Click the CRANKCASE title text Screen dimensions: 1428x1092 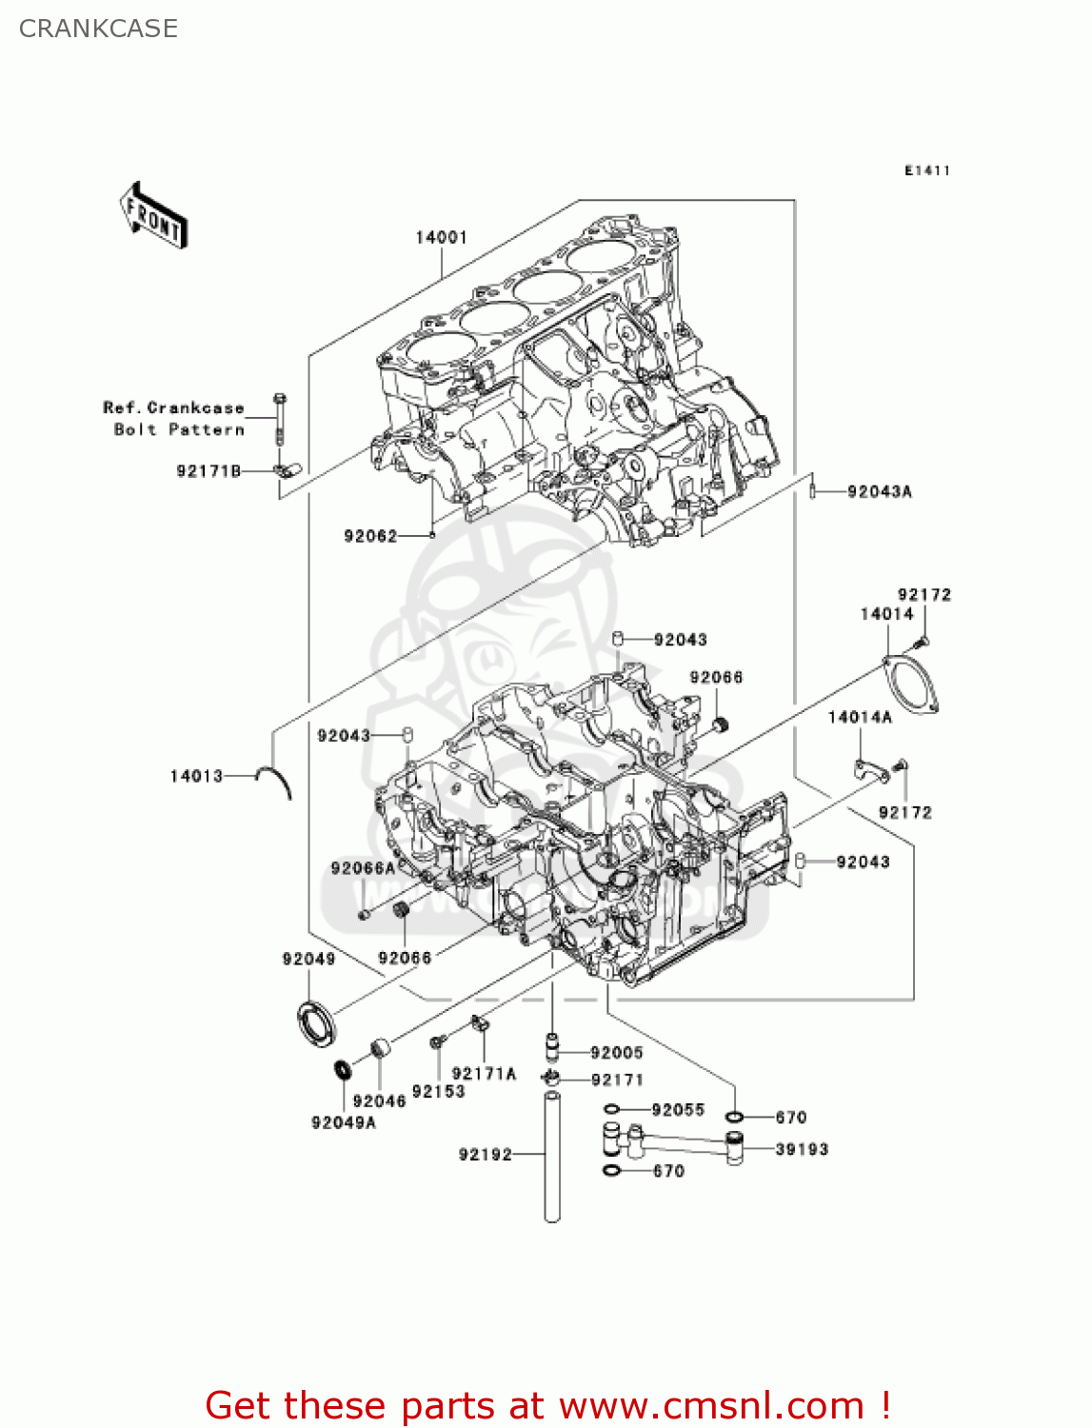[x=98, y=29]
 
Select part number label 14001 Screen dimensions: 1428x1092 [x=441, y=237]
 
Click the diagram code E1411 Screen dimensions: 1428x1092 [x=926, y=170]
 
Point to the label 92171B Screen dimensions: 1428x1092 [x=208, y=471]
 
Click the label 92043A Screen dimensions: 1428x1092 [x=879, y=492]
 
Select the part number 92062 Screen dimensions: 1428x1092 [x=370, y=536]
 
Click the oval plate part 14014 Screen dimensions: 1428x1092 [x=911, y=682]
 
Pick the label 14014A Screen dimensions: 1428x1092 [x=860, y=717]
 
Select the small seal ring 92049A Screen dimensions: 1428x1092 [x=341, y=1070]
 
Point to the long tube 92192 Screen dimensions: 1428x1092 [x=551, y=1157]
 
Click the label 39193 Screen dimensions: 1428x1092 [x=802, y=1149]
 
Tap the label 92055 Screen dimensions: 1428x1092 [x=678, y=1110]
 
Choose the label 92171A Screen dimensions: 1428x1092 [x=484, y=1074]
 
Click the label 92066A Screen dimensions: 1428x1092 [x=363, y=868]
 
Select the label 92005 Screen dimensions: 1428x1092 [x=616, y=1053]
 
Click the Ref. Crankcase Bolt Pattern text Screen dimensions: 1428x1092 [x=174, y=419]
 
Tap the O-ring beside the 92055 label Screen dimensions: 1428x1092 [x=612, y=1110]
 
